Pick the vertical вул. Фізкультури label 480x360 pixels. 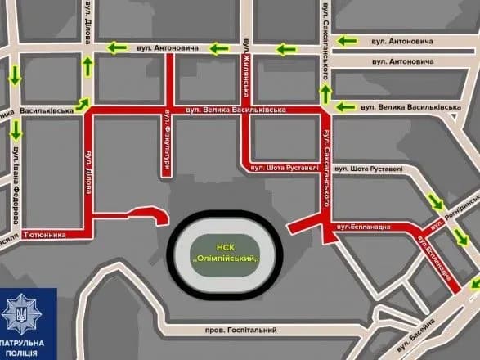click(165, 142)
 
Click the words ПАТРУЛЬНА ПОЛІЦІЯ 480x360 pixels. click(28, 347)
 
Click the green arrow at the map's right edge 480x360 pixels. click(473, 283)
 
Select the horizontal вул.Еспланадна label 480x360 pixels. click(366, 227)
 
